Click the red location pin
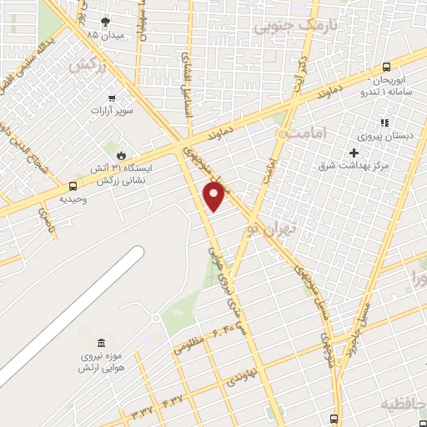coord(215,196)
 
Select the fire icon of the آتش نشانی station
coord(122,155)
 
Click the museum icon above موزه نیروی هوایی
coord(101,344)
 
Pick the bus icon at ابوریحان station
coord(386,68)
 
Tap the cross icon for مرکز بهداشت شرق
coord(354,153)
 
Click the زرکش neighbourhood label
coord(89,64)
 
